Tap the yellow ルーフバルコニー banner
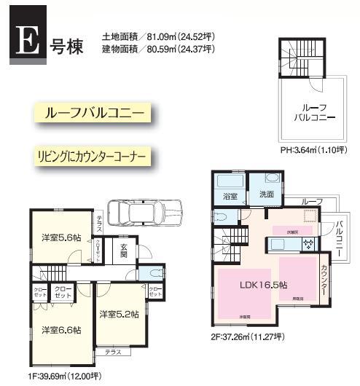[x=90, y=114]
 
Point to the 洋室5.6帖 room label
[x=60, y=237]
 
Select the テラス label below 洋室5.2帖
[x=113, y=352]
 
